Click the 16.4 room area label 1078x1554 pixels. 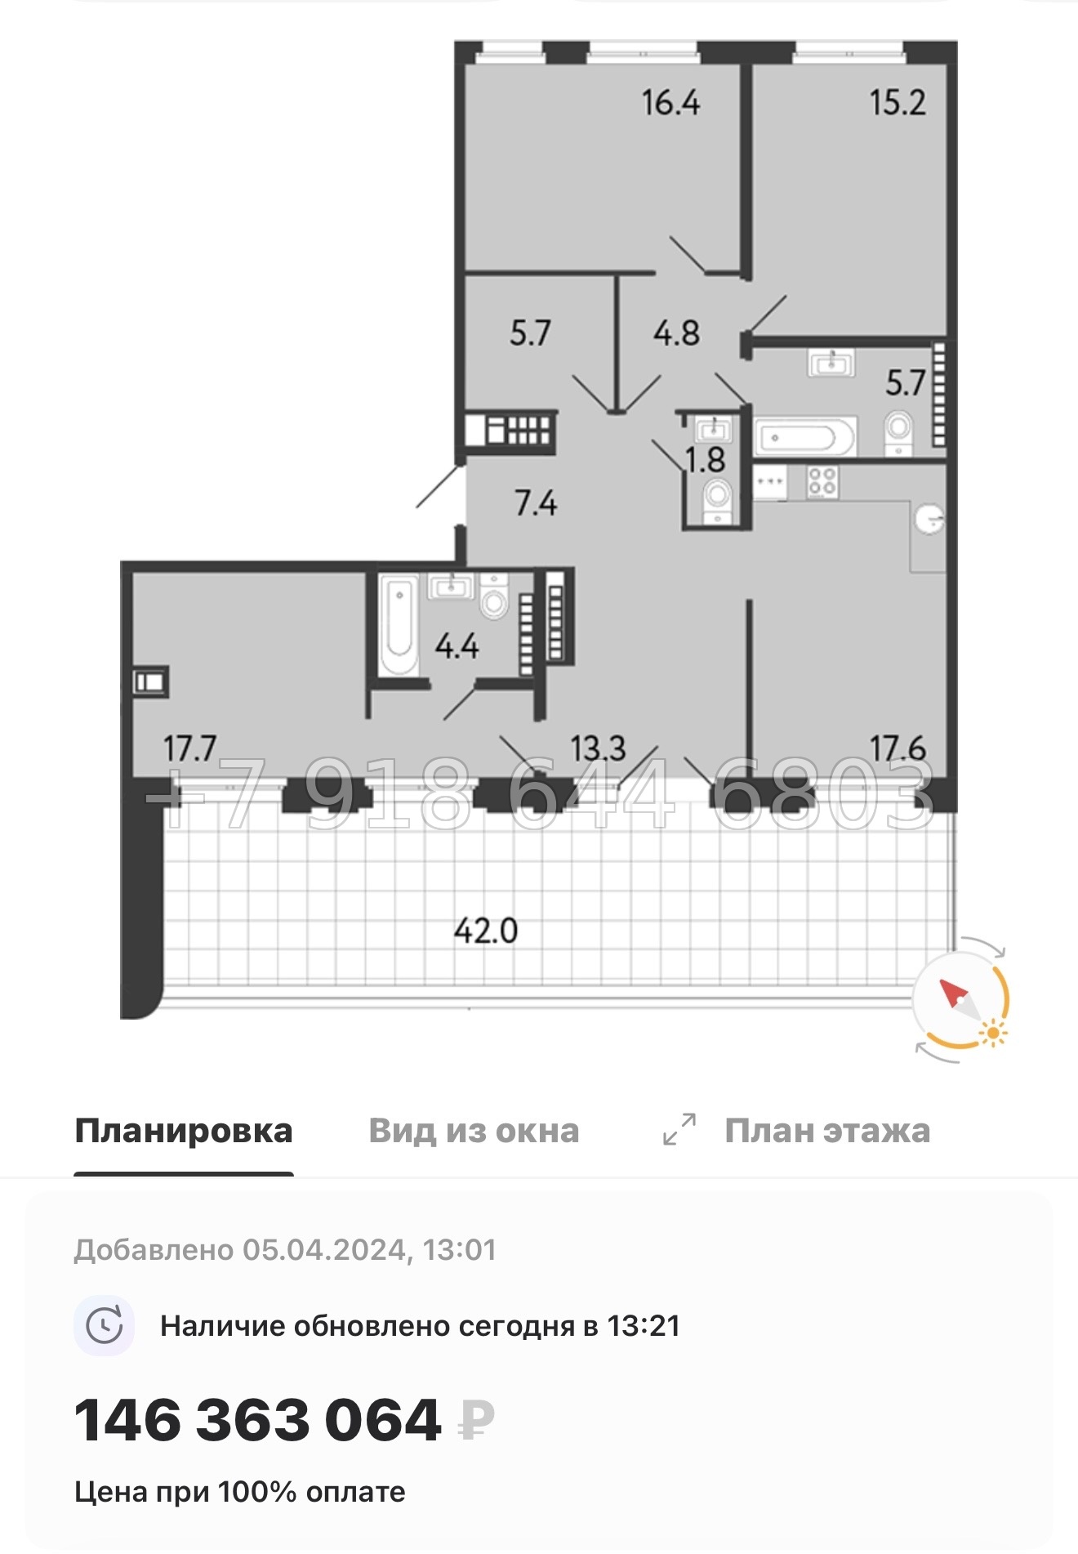point(670,103)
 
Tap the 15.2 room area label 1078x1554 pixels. point(898,103)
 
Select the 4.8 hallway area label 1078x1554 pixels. point(676,333)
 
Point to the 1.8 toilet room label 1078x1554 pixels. point(706,460)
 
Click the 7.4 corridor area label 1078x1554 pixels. point(536,502)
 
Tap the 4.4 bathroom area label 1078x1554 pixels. point(457,646)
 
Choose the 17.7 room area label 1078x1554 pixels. point(189,748)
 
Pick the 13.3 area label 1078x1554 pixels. point(598,748)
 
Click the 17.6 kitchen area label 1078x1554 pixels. point(898,748)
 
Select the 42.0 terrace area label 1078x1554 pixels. point(486,931)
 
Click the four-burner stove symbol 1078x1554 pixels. point(822,481)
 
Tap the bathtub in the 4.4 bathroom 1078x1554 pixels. point(399,625)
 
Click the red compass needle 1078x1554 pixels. point(953,994)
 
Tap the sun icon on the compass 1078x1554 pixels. point(993,1033)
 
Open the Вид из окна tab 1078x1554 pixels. point(474,1131)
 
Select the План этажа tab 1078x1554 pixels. point(826,1131)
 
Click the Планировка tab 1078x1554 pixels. point(184,1131)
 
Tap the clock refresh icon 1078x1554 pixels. point(105,1325)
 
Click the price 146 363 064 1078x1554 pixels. point(258,1420)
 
